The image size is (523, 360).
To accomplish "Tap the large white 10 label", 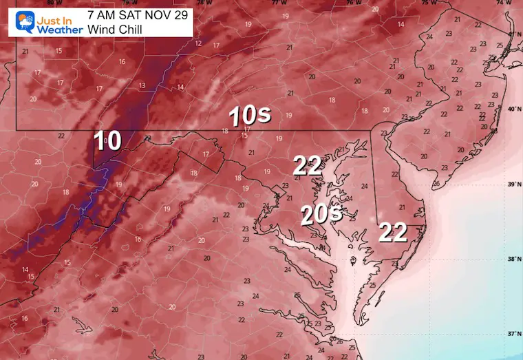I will [108, 140].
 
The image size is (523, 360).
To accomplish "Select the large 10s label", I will [245, 116].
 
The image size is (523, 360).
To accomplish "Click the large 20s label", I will [321, 215].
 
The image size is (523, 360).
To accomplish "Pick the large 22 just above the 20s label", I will [308, 165].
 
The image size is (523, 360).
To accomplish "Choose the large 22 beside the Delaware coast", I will [393, 233].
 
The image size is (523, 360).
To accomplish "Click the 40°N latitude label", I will [513, 109].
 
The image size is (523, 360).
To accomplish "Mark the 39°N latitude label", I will [513, 184].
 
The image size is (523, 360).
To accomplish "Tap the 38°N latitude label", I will [513, 260].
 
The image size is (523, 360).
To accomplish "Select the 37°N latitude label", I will [513, 334].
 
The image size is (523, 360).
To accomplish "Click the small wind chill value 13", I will [142, 85].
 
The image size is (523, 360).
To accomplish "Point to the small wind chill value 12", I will [198, 43].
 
